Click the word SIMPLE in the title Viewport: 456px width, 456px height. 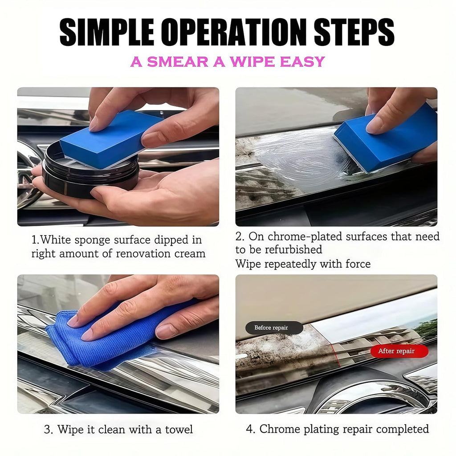pos(107,32)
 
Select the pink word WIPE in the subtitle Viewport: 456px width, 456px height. pos(252,61)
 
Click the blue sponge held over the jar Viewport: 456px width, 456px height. pos(112,139)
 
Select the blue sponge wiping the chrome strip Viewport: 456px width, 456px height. pos(385,139)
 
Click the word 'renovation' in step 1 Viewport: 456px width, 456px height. pos(143,253)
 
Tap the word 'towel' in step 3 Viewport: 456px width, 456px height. pos(179,429)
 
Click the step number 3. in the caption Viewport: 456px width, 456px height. pos(49,430)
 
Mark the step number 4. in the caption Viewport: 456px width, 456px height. pos(251,429)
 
